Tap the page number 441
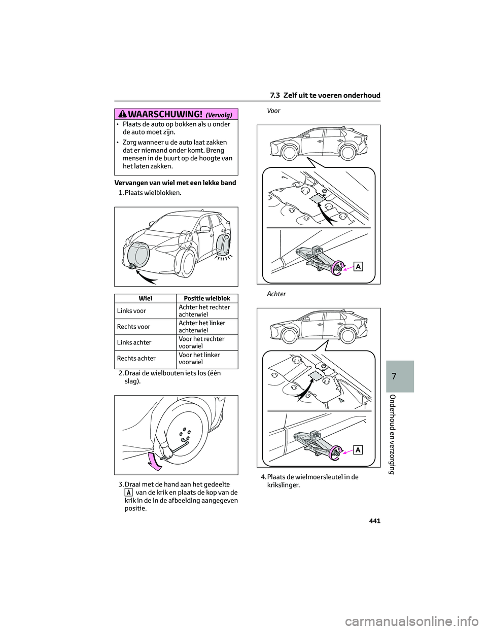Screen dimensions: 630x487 (373, 521)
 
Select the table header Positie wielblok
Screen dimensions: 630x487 (207, 299)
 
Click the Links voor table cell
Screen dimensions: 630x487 (132, 311)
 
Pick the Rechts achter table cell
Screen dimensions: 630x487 (136, 359)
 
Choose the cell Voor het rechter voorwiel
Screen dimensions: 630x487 (201, 342)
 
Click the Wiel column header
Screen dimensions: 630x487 (145, 299)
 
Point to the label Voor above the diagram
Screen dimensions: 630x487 (273, 111)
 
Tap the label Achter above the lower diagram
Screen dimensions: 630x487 (276, 294)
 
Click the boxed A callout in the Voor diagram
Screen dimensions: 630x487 (358, 267)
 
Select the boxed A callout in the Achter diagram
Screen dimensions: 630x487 (358, 450)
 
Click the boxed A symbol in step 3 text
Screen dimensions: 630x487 (129, 493)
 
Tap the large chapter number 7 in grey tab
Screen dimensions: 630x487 (394, 376)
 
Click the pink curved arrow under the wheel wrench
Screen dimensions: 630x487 (154, 460)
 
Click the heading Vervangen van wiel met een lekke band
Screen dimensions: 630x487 (175, 183)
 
